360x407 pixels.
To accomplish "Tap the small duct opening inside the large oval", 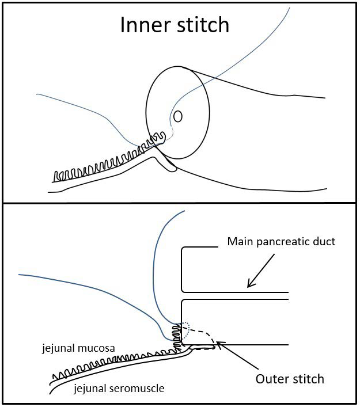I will coord(178,116).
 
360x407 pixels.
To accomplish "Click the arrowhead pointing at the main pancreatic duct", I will coord(249,284).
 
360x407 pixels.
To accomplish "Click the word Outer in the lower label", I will coord(272,379).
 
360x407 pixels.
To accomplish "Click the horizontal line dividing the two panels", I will coord(180,203).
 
